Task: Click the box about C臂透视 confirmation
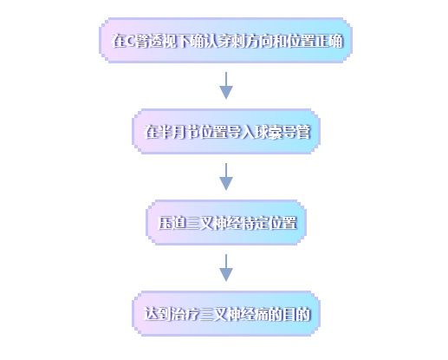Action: [225, 41]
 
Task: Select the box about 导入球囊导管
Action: [226, 132]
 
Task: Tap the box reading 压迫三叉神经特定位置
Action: [226, 223]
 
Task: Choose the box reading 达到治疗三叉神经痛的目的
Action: [226, 314]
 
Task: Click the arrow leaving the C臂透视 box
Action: [226, 86]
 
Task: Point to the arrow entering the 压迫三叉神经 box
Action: [226, 177]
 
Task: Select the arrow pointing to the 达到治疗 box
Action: [226, 268]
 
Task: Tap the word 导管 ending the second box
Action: [297, 132]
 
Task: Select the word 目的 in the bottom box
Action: [297, 314]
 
